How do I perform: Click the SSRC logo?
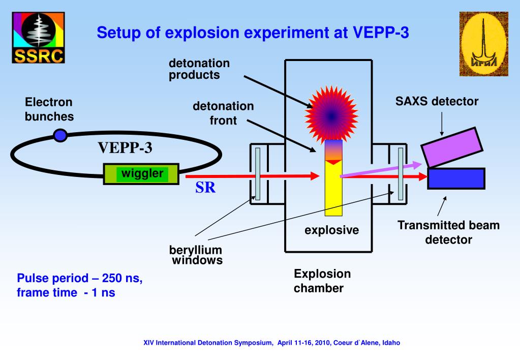(38, 38)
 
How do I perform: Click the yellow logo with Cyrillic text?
(483, 44)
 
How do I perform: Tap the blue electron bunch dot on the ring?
(60, 135)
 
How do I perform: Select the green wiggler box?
(141, 174)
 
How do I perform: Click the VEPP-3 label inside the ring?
(125, 148)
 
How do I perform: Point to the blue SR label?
(205, 188)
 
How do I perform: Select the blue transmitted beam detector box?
(456, 178)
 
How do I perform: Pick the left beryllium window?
(258, 173)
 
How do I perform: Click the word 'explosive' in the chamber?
(331, 230)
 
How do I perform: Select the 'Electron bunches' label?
(49, 109)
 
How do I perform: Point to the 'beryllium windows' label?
(196, 256)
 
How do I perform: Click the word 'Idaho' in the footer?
(391, 343)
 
